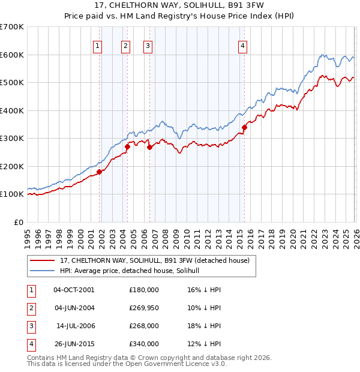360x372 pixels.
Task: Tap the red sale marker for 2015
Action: coord(245,127)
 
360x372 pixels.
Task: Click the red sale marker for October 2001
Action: coord(100,172)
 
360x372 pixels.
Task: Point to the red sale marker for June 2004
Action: coord(127,146)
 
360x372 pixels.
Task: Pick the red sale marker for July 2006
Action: coord(149,147)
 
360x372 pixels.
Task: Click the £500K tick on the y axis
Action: coord(11,83)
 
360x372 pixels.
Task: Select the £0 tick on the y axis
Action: coord(18,222)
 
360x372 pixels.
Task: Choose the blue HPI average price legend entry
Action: coord(133,271)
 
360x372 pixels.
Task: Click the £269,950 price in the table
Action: coord(144,308)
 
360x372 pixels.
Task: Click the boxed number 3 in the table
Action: coord(31,326)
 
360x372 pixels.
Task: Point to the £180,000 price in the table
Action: coord(144,290)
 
